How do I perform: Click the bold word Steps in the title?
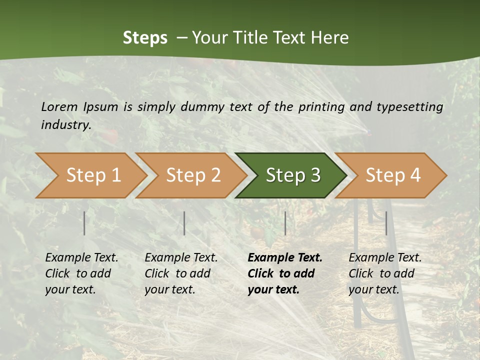pyautogui.click(x=145, y=38)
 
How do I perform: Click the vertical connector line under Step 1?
pyautogui.click(x=84, y=223)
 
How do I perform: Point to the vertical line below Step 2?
pyautogui.click(x=184, y=223)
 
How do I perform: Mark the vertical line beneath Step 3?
pyautogui.click(x=285, y=223)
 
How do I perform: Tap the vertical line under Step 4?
pyautogui.click(x=386, y=223)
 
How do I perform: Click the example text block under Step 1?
pyautogui.click(x=81, y=273)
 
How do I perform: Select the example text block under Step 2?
pyautogui.click(x=181, y=273)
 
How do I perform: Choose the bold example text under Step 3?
pyautogui.click(x=285, y=273)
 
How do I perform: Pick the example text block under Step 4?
pyautogui.click(x=385, y=273)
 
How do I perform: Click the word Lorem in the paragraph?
pyautogui.click(x=59, y=106)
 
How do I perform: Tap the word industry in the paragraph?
pyautogui.click(x=66, y=124)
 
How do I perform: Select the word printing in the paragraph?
pyautogui.click(x=321, y=107)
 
